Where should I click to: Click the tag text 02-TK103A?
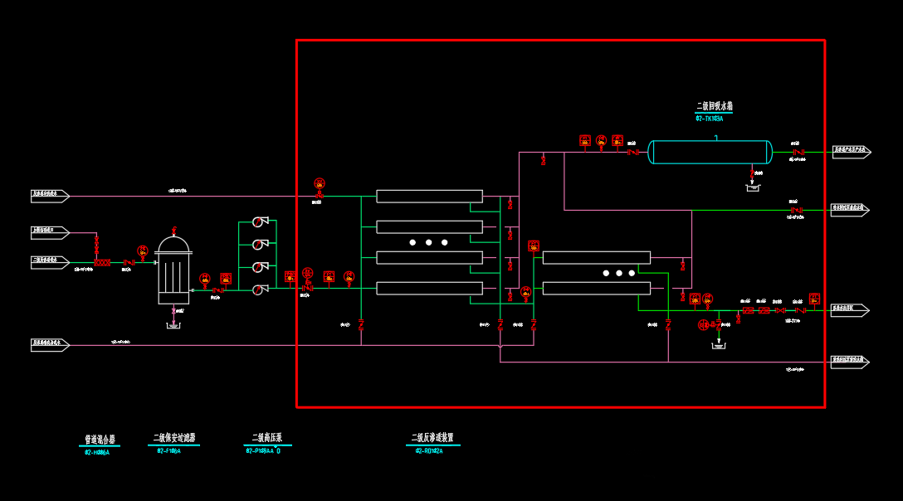click(x=709, y=119)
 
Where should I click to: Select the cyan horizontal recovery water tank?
click(x=710, y=152)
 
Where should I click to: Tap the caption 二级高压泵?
click(x=267, y=438)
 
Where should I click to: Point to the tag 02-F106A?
click(x=168, y=451)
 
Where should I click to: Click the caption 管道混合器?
click(x=100, y=440)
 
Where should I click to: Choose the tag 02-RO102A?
click(x=429, y=451)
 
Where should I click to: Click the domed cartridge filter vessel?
click(x=173, y=270)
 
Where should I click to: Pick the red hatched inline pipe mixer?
click(x=102, y=263)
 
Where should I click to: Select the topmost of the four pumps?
click(x=259, y=221)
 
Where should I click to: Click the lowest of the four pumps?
click(x=259, y=289)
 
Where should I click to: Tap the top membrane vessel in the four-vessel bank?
click(x=429, y=197)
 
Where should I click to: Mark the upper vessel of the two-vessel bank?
click(x=596, y=258)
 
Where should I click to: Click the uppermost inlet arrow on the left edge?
click(x=50, y=196)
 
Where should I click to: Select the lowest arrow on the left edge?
click(x=50, y=345)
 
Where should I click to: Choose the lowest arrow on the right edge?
click(x=850, y=362)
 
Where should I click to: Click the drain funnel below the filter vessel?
click(x=173, y=325)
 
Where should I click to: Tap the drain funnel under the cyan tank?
click(x=753, y=187)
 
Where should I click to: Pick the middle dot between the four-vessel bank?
click(x=429, y=242)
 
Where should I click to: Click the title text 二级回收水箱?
click(x=715, y=106)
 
